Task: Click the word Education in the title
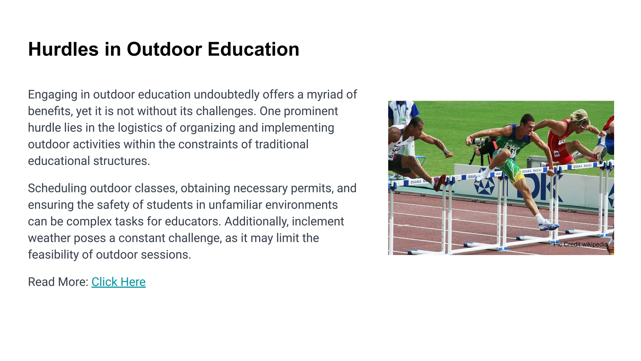coord(253,50)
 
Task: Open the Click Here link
coord(118,282)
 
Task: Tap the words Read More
coord(58,282)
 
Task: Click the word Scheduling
coord(57,188)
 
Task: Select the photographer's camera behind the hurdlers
coord(479,141)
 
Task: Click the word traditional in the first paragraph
coord(281,144)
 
